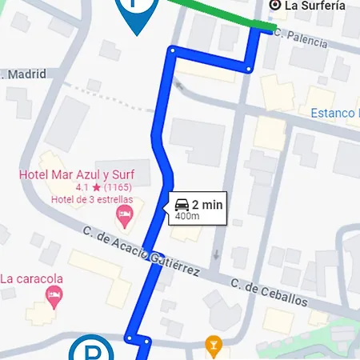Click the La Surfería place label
click(x=316, y=6)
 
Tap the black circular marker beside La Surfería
click(x=275, y=6)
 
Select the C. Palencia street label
click(x=301, y=34)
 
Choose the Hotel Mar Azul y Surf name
click(x=76, y=175)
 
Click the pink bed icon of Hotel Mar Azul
click(x=124, y=213)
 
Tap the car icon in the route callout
click(x=182, y=204)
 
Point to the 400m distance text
click(x=186, y=216)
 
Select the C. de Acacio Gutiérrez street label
click(x=141, y=251)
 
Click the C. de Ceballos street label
click(x=269, y=293)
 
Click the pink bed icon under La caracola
click(x=54, y=295)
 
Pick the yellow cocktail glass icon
click(x=213, y=346)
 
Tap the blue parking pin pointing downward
click(x=137, y=11)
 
